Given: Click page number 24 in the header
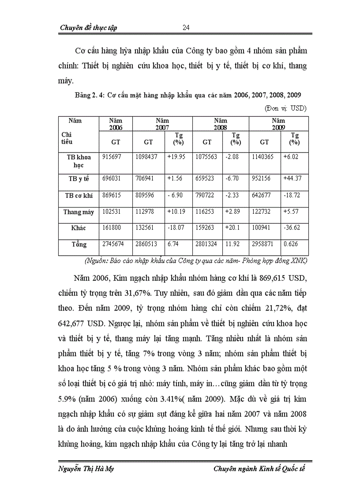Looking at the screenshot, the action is (186, 27).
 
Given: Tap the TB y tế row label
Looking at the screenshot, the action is (78, 179).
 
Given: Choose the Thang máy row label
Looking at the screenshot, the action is (79, 212).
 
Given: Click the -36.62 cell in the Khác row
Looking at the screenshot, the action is (292, 228).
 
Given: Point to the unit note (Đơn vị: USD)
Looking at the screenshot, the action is (285, 108).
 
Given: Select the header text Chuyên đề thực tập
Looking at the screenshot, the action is (88, 28).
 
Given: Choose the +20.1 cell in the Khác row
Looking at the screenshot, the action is (232, 228).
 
